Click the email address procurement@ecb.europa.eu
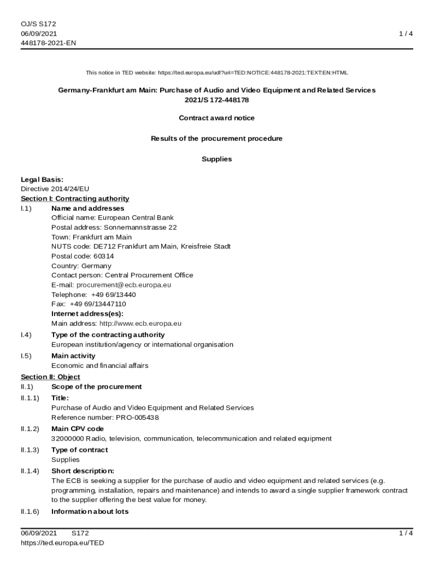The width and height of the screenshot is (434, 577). click(x=123, y=285)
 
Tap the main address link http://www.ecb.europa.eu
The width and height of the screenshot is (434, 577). click(x=140, y=324)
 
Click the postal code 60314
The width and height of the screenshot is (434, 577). click(x=104, y=256)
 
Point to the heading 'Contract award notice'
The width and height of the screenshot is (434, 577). click(x=216, y=118)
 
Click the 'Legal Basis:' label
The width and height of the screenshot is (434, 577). click(x=42, y=180)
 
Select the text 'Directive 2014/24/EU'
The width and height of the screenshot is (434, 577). click(x=55, y=189)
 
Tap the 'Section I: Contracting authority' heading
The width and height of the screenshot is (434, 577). click(x=75, y=199)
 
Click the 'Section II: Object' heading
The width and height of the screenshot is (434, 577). click(x=50, y=377)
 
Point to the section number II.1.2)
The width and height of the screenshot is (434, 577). click(x=30, y=429)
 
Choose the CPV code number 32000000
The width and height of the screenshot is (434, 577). click(x=68, y=438)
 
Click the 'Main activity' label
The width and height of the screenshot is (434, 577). click(x=73, y=356)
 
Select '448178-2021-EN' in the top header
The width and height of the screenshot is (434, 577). click(x=48, y=43)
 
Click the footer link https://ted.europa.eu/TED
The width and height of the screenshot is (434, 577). click(x=63, y=543)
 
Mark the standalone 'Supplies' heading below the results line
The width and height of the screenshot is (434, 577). click(x=216, y=159)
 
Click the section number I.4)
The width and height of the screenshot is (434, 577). click(x=26, y=335)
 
